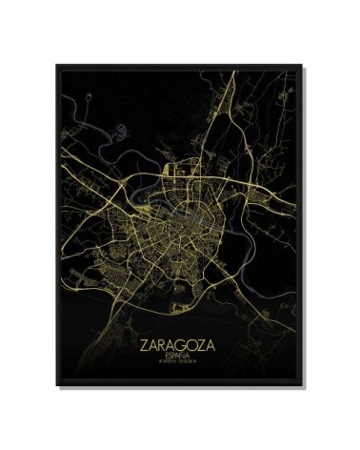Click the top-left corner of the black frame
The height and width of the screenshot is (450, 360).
[x=56, y=66]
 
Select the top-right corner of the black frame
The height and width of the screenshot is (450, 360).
[x=304, y=66]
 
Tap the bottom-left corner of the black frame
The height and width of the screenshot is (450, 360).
[x=56, y=385]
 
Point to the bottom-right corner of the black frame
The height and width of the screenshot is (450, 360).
[x=304, y=385]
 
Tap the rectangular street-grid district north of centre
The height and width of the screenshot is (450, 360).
[x=180, y=172]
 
